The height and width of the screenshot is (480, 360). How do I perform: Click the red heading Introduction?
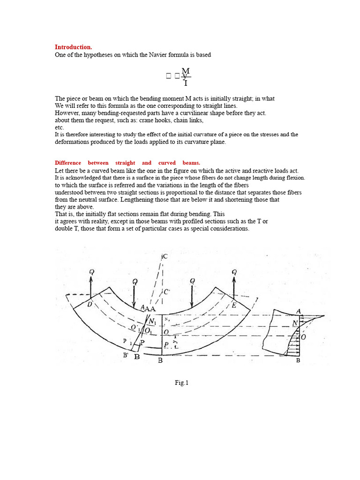coord(74,47)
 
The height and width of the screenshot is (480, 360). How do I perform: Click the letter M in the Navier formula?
coord(185,71)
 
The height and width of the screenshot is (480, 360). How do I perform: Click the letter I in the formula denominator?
coord(186,83)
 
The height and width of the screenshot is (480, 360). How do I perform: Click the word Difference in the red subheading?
coord(68,163)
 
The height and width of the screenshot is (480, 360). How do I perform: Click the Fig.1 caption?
coord(181,383)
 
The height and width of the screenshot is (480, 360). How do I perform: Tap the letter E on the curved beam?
coord(234,304)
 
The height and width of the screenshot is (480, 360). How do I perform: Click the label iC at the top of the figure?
coord(164,256)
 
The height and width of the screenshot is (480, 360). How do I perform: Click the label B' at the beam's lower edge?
coord(126,355)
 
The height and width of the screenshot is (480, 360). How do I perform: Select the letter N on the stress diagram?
coord(295,323)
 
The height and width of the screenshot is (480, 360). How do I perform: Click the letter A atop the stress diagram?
coord(299,311)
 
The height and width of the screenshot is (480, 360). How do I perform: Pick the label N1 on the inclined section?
coord(152,322)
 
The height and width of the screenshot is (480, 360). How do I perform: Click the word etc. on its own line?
coord(59,127)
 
